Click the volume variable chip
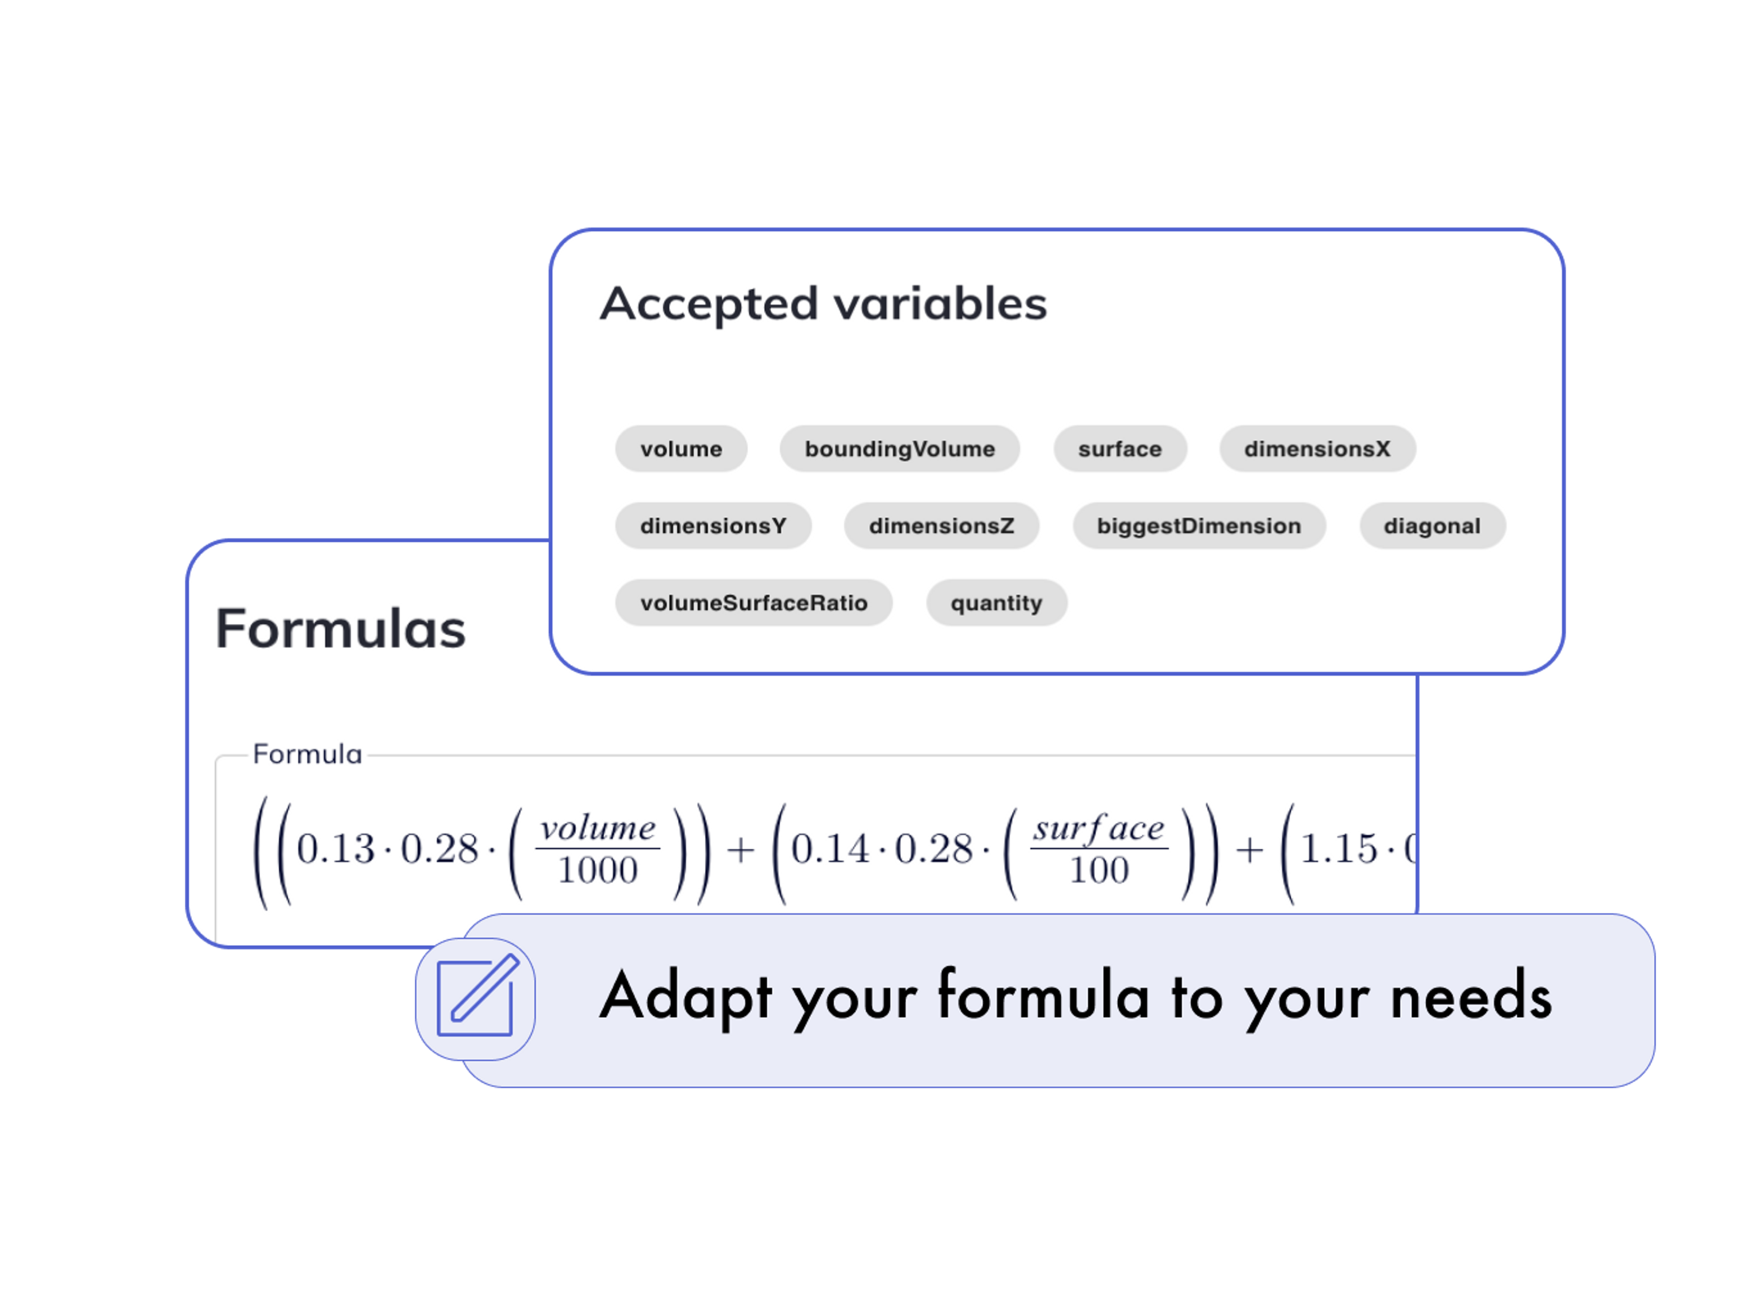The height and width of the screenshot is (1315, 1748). tap(681, 449)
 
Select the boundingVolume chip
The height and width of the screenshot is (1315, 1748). tap(899, 449)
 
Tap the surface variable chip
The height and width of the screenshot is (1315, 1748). tap(1120, 449)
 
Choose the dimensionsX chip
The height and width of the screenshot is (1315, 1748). tap(1316, 449)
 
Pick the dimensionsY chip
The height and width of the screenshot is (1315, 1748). tap(713, 526)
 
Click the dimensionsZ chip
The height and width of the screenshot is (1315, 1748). tap(941, 526)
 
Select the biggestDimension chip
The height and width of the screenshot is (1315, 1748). tap(1198, 526)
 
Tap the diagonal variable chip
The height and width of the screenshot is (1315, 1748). tap(1432, 526)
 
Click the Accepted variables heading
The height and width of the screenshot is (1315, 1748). tap(823, 304)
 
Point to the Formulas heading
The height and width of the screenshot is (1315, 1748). tap(340, 629)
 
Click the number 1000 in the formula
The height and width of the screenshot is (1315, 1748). tap(597, 871)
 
